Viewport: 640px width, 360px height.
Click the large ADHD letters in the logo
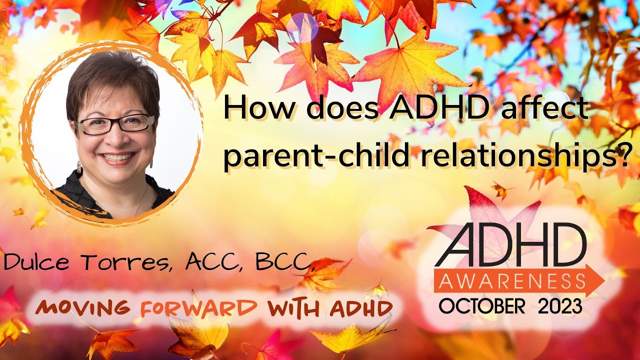[x=510, y=245]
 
